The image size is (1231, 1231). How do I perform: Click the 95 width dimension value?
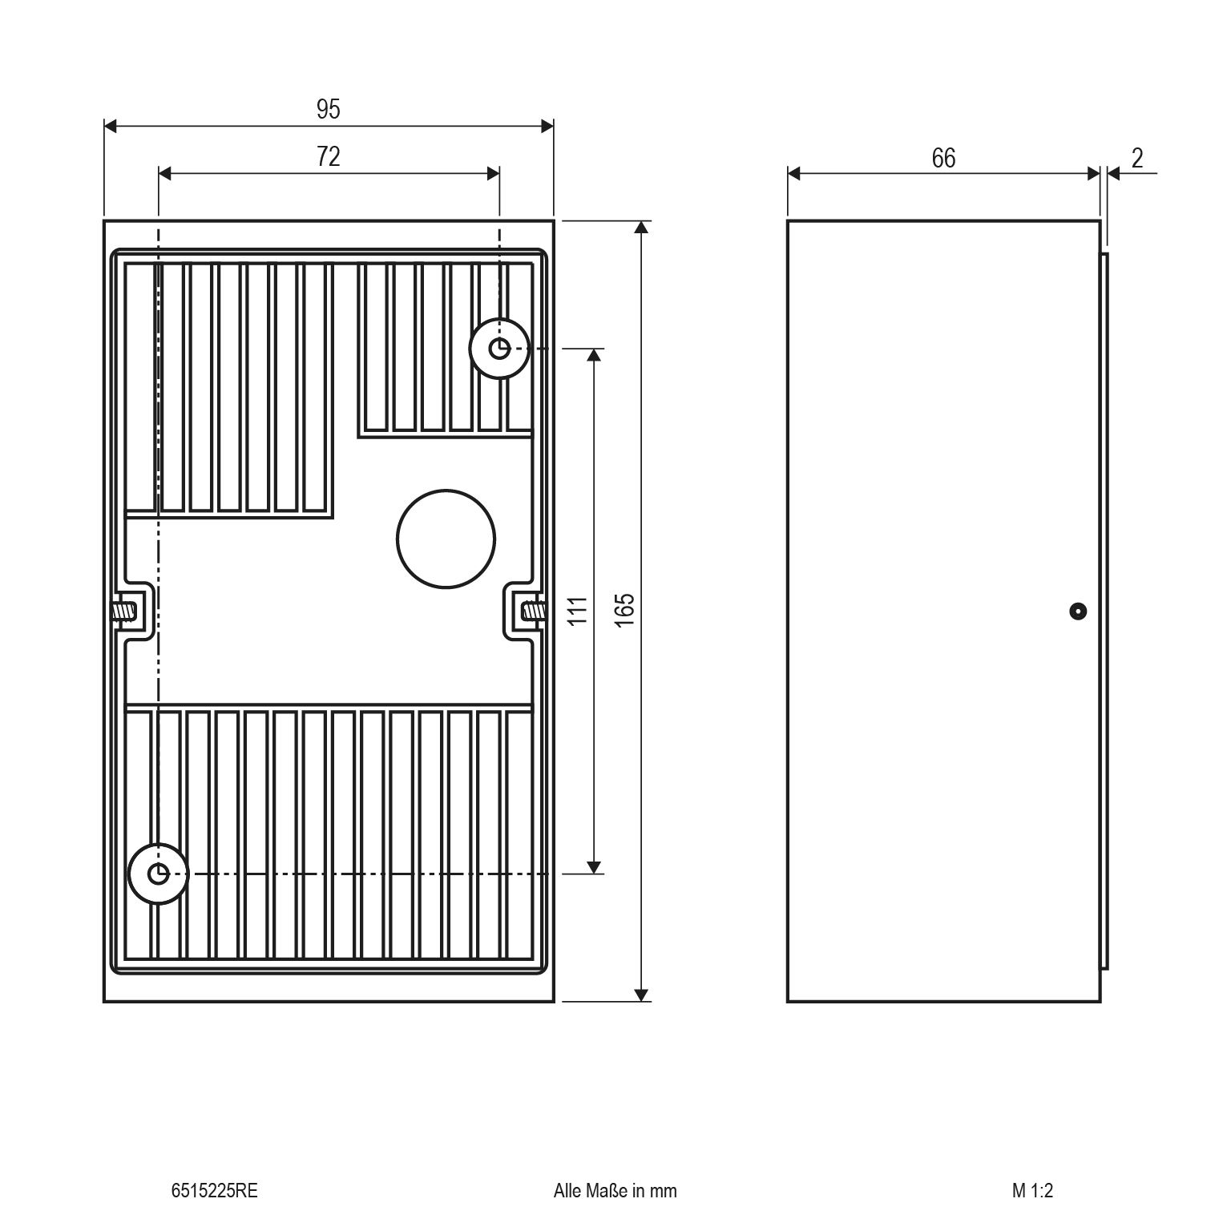click(328, 109)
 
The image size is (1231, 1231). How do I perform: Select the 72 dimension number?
click(329, 156)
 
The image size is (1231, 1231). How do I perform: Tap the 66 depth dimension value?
click(943, 158)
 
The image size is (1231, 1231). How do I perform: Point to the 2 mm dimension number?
click(1137, 158)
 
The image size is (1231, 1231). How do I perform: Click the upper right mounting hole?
click(499, 349)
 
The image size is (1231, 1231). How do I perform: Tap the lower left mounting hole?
click(159, 873)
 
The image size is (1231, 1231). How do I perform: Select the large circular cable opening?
click(446, 539)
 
